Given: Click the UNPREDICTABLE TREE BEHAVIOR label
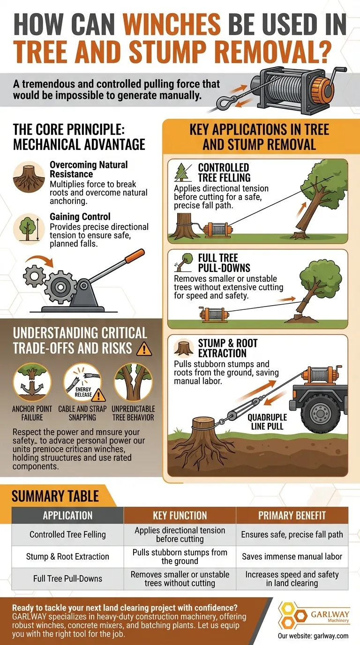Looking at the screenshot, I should click(x=133, y=412).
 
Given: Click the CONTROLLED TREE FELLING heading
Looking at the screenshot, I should click(x=224, y=172).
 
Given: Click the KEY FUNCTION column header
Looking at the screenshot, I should click(x=180, y=516).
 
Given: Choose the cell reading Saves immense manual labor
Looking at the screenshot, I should click(x=292, y=556).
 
